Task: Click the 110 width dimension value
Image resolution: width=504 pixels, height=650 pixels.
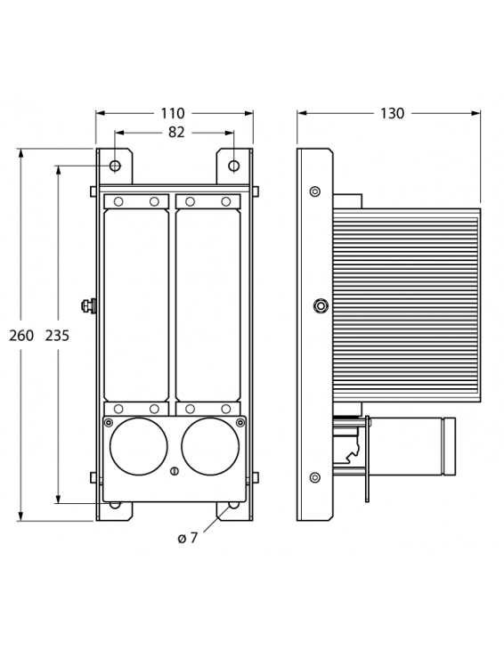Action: tap(173, 113)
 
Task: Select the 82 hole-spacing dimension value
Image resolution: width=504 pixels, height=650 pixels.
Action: tap(176, 132)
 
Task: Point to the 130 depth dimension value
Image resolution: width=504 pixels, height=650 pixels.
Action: tap(392, 113)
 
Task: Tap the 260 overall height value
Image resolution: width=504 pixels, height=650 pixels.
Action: tap(21, 335)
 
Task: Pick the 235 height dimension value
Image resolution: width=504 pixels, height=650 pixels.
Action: tap(57, 335)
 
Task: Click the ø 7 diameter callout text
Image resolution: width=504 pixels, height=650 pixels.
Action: tap(188, 538)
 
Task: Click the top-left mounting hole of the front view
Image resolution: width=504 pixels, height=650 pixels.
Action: tap(115, 166)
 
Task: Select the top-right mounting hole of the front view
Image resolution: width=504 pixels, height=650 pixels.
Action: tap(234, 166)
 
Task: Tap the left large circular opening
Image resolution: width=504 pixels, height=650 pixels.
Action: tap(139, 446)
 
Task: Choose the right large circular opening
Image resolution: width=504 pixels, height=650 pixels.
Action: tap(210, 446)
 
